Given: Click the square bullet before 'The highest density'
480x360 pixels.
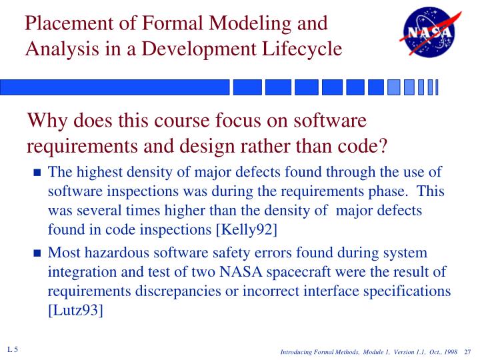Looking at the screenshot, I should (x=37, y=173).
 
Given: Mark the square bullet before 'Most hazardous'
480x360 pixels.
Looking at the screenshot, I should (x=37, y=254).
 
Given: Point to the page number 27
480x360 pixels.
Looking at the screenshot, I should (x=467, y=352).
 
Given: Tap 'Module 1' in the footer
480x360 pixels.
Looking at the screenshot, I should (x=363, y=352).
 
